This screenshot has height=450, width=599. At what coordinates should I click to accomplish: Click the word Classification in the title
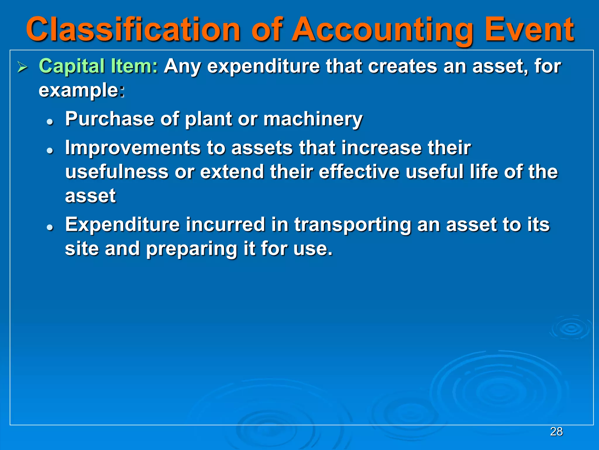coord(133,29)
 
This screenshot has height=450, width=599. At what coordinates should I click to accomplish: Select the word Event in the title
coord(529,29)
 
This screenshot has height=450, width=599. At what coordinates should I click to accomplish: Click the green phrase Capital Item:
coord(98,66)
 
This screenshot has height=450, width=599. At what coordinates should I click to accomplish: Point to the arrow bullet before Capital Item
coord(22,67)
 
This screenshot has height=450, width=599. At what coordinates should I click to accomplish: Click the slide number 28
coord(556,432)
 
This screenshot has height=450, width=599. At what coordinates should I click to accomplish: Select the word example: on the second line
coord(82,90)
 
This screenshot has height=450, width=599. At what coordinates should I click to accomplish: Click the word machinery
coord(313,119)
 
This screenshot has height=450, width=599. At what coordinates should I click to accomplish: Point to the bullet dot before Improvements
coord(50,151)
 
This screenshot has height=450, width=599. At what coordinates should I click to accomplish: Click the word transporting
coord(352,225)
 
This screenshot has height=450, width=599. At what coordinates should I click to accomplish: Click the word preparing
coord(192,249)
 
